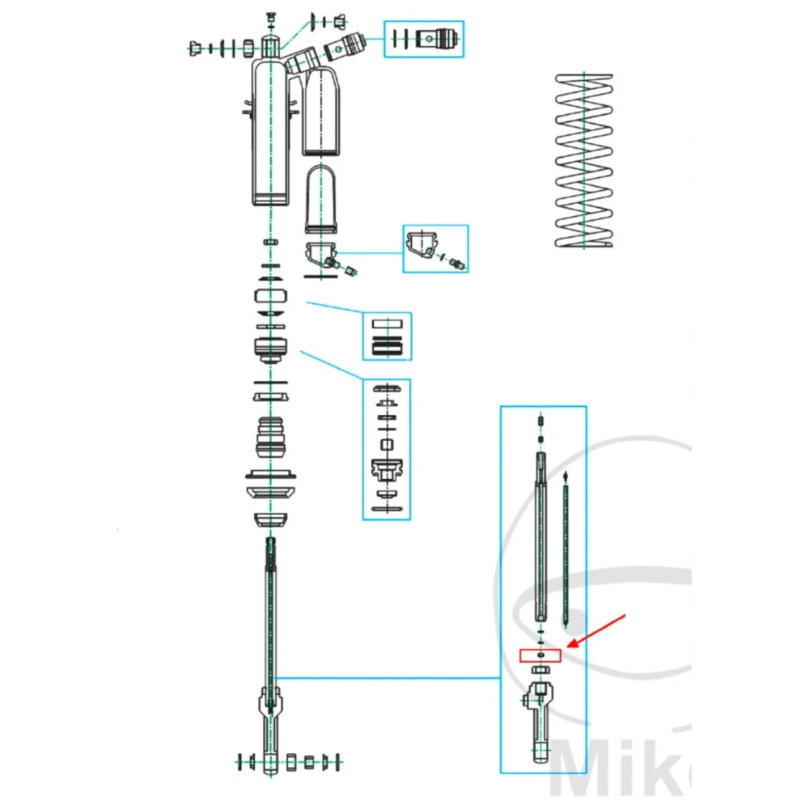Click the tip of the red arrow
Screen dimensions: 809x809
[x=569, y=646]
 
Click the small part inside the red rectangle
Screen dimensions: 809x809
[x=540, y=654]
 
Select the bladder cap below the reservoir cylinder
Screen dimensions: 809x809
[x=321, y=256]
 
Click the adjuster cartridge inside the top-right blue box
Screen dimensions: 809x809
[x=441, y=39]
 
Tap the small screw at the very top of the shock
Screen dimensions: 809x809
[x=270, y=16]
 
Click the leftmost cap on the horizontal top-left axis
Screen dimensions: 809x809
[x=196, y=50]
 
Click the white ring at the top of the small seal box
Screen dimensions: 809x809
[x=386, y=322]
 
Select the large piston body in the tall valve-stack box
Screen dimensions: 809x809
[x=386, y=469]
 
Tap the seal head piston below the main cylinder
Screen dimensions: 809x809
[x=271, y=349]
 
